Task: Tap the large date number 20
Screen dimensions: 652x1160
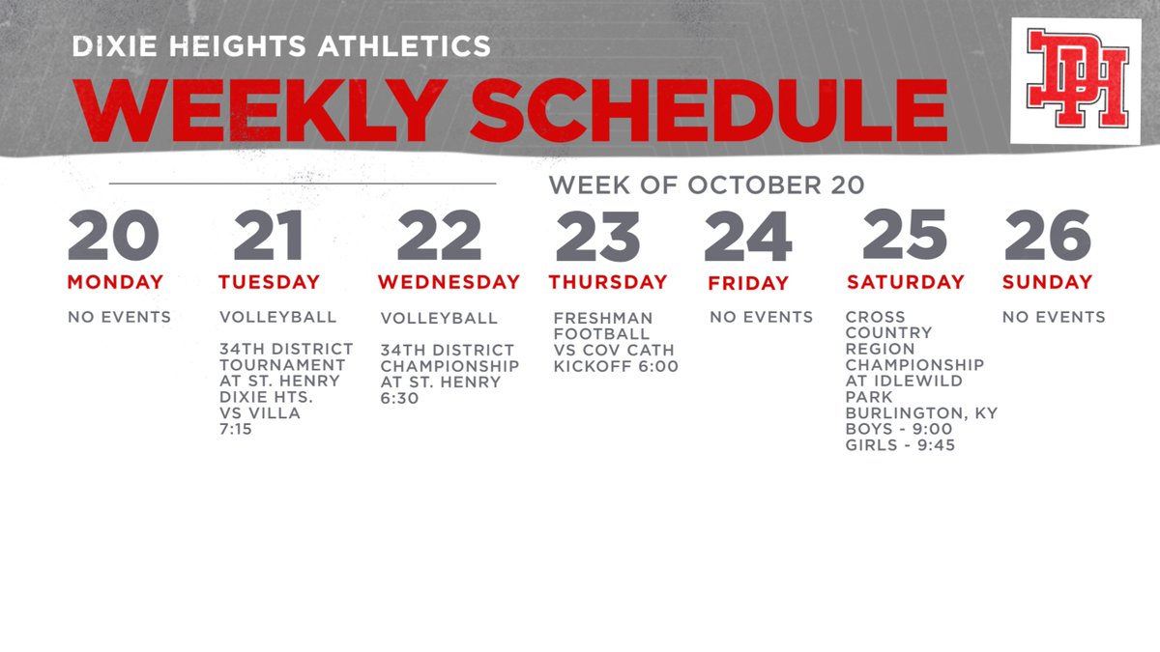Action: (113, 236)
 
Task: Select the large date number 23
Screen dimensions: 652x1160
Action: (597, 236)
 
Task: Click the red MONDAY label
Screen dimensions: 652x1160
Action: (115, 282)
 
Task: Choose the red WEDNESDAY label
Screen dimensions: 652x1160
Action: (449, 282)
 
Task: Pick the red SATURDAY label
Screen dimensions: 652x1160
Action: (906, 282)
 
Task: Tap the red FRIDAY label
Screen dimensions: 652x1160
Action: (748, 283)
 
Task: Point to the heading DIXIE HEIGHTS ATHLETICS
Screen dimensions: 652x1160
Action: (281, 45)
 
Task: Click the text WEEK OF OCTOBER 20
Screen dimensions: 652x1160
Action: (707, 184)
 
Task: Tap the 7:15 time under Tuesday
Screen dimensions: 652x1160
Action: (236, 429)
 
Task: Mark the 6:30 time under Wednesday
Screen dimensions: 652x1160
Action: (399, 398)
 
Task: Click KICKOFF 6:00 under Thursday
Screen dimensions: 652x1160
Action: (616, 366)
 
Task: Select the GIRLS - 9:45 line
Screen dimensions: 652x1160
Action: (900, 445)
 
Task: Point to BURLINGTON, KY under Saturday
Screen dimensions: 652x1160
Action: (921, 413)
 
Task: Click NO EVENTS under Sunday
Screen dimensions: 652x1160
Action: (1054, 317)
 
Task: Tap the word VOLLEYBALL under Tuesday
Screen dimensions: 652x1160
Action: (278, 317)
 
